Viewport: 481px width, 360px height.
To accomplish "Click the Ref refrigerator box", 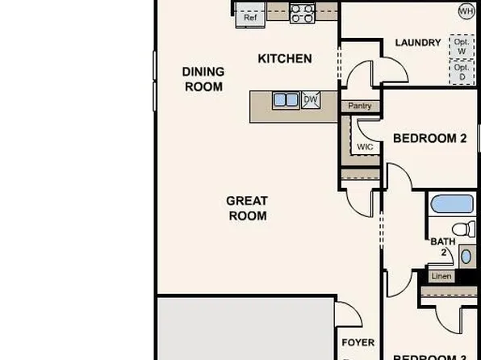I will (x=250, y=16).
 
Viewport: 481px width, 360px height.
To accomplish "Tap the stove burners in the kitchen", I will (x=302, y=12).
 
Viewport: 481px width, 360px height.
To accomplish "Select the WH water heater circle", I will (x=466, y=11).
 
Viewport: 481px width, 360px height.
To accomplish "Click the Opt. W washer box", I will (x=462, y=47).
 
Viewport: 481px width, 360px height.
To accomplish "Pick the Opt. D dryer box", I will (x=462, y=73).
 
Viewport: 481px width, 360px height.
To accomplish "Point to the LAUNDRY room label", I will (x=417, y=43).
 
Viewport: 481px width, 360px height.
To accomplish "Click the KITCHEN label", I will (x=284, y=58).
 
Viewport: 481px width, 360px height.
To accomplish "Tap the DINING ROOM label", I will (x=203, y=79).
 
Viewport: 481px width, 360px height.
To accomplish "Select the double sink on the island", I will (x=284, y=101).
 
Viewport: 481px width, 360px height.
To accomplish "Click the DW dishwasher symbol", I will (x=311, y=101).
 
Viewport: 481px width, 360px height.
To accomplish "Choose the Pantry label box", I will (x=359, y=106).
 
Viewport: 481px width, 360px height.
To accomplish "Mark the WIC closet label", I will (x=365, y=147).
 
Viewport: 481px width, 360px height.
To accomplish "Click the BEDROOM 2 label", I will (x=429, y=138).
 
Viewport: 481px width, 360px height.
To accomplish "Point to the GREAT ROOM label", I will (x=247, y=208).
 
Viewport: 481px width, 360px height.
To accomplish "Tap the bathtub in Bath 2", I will (x=453, y=204).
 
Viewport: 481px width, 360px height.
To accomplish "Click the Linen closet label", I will (x=441, y=276).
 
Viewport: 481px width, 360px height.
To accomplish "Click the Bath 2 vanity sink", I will (x=466, y=257).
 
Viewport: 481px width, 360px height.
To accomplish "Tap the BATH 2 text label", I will (x=442, y=246).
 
